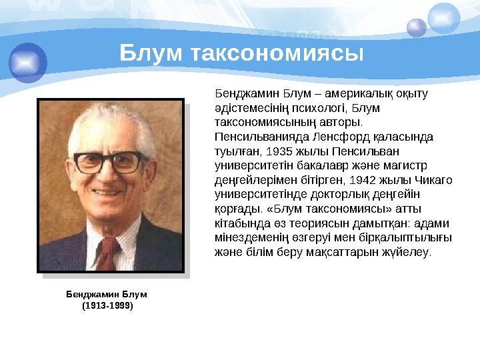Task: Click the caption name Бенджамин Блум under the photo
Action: tap(107, 294)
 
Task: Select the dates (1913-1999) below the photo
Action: tap(107, 305)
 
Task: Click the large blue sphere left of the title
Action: tap(28, 61)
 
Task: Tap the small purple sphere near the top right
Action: tap(417, 27)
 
